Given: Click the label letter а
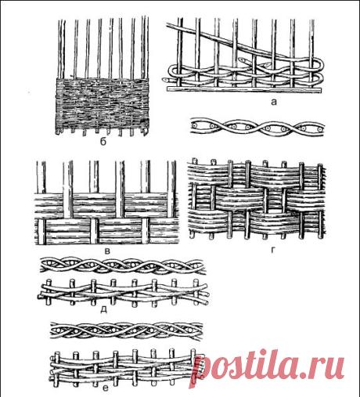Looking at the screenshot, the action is [x=273, y=102].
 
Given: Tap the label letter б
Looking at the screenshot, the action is [x=103, y=142].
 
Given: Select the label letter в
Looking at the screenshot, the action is [x=107, y=251].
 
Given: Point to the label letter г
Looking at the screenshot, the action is [x=273, y=251].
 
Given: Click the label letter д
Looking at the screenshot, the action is [x=103, y=309].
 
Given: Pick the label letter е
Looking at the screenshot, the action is [x=106, y=388].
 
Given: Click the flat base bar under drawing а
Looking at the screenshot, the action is [x=244, y=90].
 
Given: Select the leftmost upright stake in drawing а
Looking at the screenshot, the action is [x=179, y=52].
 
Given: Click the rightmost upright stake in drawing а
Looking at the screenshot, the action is [x=311, y=52].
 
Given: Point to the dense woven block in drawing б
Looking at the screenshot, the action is [x=103, y=103].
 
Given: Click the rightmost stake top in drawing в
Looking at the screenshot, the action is [x=171, y=163].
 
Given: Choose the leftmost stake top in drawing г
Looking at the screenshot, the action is [x=194, y=160].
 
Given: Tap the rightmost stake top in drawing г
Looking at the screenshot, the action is [x=320, y=165].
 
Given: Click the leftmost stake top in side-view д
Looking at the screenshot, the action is [x=49, y=281].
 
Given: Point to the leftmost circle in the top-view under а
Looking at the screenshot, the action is [x=194, y=126].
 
